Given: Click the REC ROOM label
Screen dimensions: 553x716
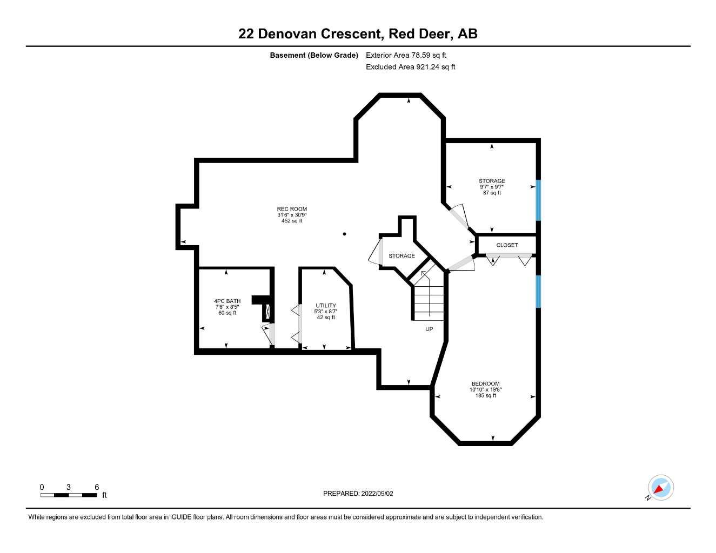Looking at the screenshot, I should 292,209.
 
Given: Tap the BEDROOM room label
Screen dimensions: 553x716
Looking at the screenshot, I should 485,384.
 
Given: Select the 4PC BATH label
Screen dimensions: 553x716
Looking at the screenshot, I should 227,301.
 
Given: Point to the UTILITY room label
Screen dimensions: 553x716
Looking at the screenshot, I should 326,306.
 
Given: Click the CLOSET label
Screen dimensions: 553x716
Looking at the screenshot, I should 507,245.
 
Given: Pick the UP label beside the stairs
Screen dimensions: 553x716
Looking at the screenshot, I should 429,329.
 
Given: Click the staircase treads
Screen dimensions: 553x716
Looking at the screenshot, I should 429,302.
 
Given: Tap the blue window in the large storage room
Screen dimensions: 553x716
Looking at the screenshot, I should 538,200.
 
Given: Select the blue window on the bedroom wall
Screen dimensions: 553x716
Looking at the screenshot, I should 538,292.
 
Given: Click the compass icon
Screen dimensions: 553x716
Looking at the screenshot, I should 660,488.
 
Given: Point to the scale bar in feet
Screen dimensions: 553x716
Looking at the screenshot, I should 69,495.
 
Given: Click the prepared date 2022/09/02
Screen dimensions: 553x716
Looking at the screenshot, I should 358,493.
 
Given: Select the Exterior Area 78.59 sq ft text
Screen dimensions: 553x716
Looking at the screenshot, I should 406,55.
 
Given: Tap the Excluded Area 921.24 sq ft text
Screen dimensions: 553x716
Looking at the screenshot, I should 410,67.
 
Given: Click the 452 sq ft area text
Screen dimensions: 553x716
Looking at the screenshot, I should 292,220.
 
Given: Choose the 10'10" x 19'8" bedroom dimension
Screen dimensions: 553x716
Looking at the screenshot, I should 485,390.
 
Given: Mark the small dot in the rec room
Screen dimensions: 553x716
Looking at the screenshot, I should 344,234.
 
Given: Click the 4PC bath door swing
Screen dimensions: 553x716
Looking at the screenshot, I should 269,335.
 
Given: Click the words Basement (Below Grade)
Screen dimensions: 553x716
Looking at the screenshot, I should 314,55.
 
